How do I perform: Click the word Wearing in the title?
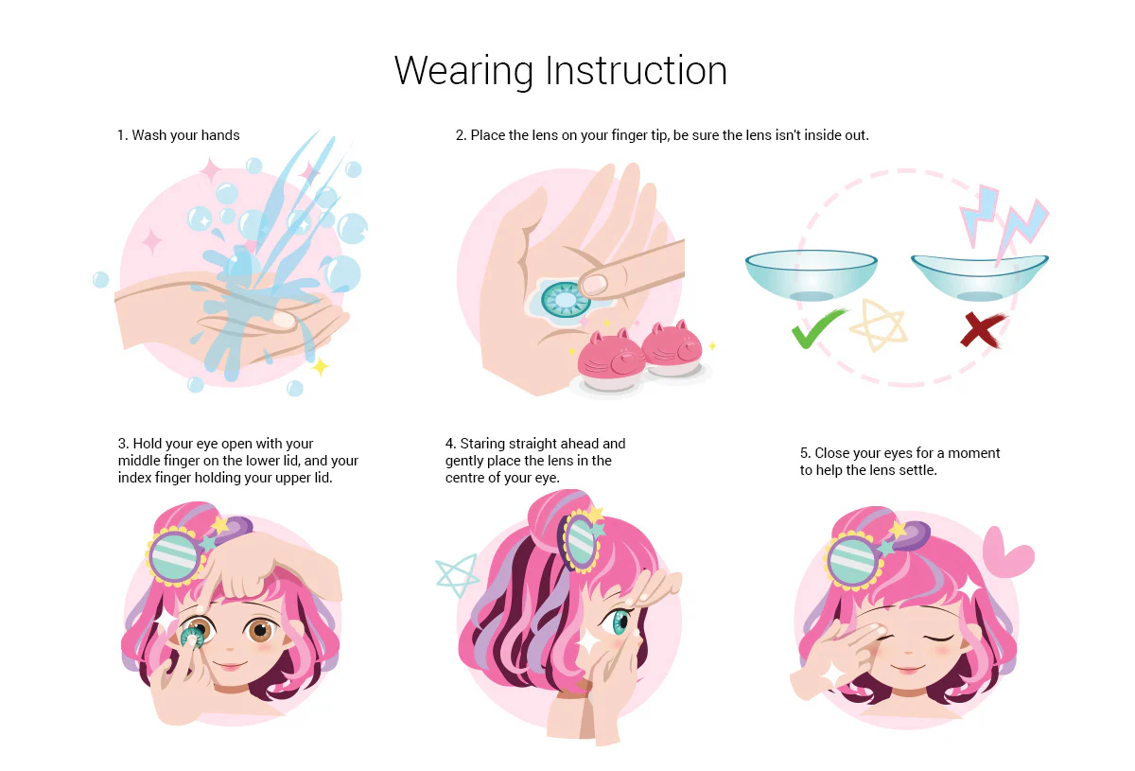pyautogui.click(x=463, y=71)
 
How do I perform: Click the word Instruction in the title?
pyautogui.click(x=637, y=70)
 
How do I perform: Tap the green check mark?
pyautogui.click(x=817, y=328)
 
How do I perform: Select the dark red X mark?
pyautogui.click(x=982, y=330)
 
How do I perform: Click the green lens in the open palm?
pyautogui.click(x=566, y=300)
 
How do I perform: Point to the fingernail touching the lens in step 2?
pyautogui.click(x=594, y=286)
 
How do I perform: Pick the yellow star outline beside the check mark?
pyautogui.click(x=878, y=324)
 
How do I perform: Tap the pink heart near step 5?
pyautogui.click(x=1006, y=552)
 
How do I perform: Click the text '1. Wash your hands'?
pyautogui.click(x=179, y=135)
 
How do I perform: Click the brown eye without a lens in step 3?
pyautogui.click(x=260, y=630)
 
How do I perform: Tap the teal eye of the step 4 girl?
pyautogui.click(x=620, y=622)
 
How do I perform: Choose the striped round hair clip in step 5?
pyautogui.click(x=852, y=560)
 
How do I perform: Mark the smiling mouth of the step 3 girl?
pyautogui.click(x=230, y=665)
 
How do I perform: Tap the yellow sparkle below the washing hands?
pyautogui.click(x=321, y=366)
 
